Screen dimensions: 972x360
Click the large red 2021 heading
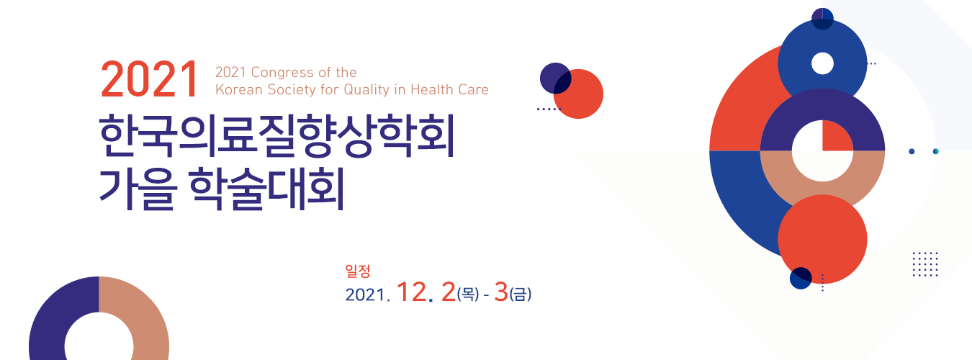[150, 79]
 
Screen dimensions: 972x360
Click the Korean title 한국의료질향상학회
[277, 135]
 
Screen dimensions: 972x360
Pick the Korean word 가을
[138, 189]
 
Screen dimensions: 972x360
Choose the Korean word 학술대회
[267, 189]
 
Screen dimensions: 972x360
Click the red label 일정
[358, 271]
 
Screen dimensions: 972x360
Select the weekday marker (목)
[468, 294]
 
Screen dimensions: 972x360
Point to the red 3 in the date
[500, 292]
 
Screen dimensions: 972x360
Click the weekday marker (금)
[521, 294]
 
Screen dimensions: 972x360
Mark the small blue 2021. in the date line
[367, 295]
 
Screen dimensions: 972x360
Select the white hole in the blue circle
[822, 63]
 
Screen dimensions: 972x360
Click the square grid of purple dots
[925, 264]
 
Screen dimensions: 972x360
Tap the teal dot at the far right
[935, 151]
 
